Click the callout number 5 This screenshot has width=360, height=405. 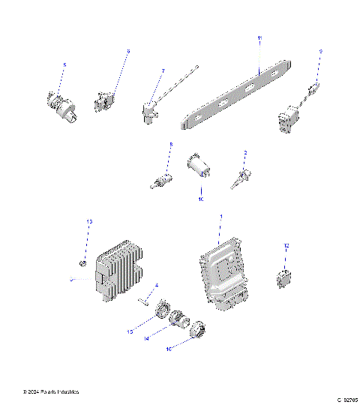click(x=64, y=66)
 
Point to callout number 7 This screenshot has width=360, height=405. click(x=163, y=71)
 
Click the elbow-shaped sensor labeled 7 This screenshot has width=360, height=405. click(x=148, y=112)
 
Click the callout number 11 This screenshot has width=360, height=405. click(x=259, y=37)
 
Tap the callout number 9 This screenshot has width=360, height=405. click(x=321, y=51)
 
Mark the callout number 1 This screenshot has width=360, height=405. click(x=220, y=216)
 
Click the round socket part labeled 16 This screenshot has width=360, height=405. click(x=197, y=330)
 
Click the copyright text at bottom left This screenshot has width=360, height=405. click(x=51, y=391)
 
